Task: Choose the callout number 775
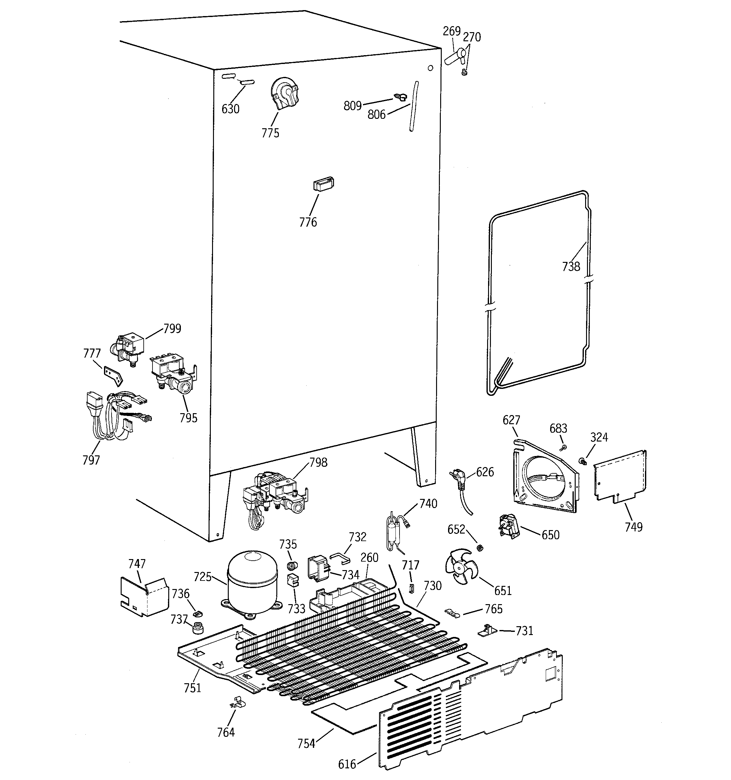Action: coord(270,133)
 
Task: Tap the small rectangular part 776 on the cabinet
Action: coord(323,184)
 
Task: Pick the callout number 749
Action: coord(633,527)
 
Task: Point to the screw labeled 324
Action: coord(582,461)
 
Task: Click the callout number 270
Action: coord(471,37)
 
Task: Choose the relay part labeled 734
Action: coord(318,567)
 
